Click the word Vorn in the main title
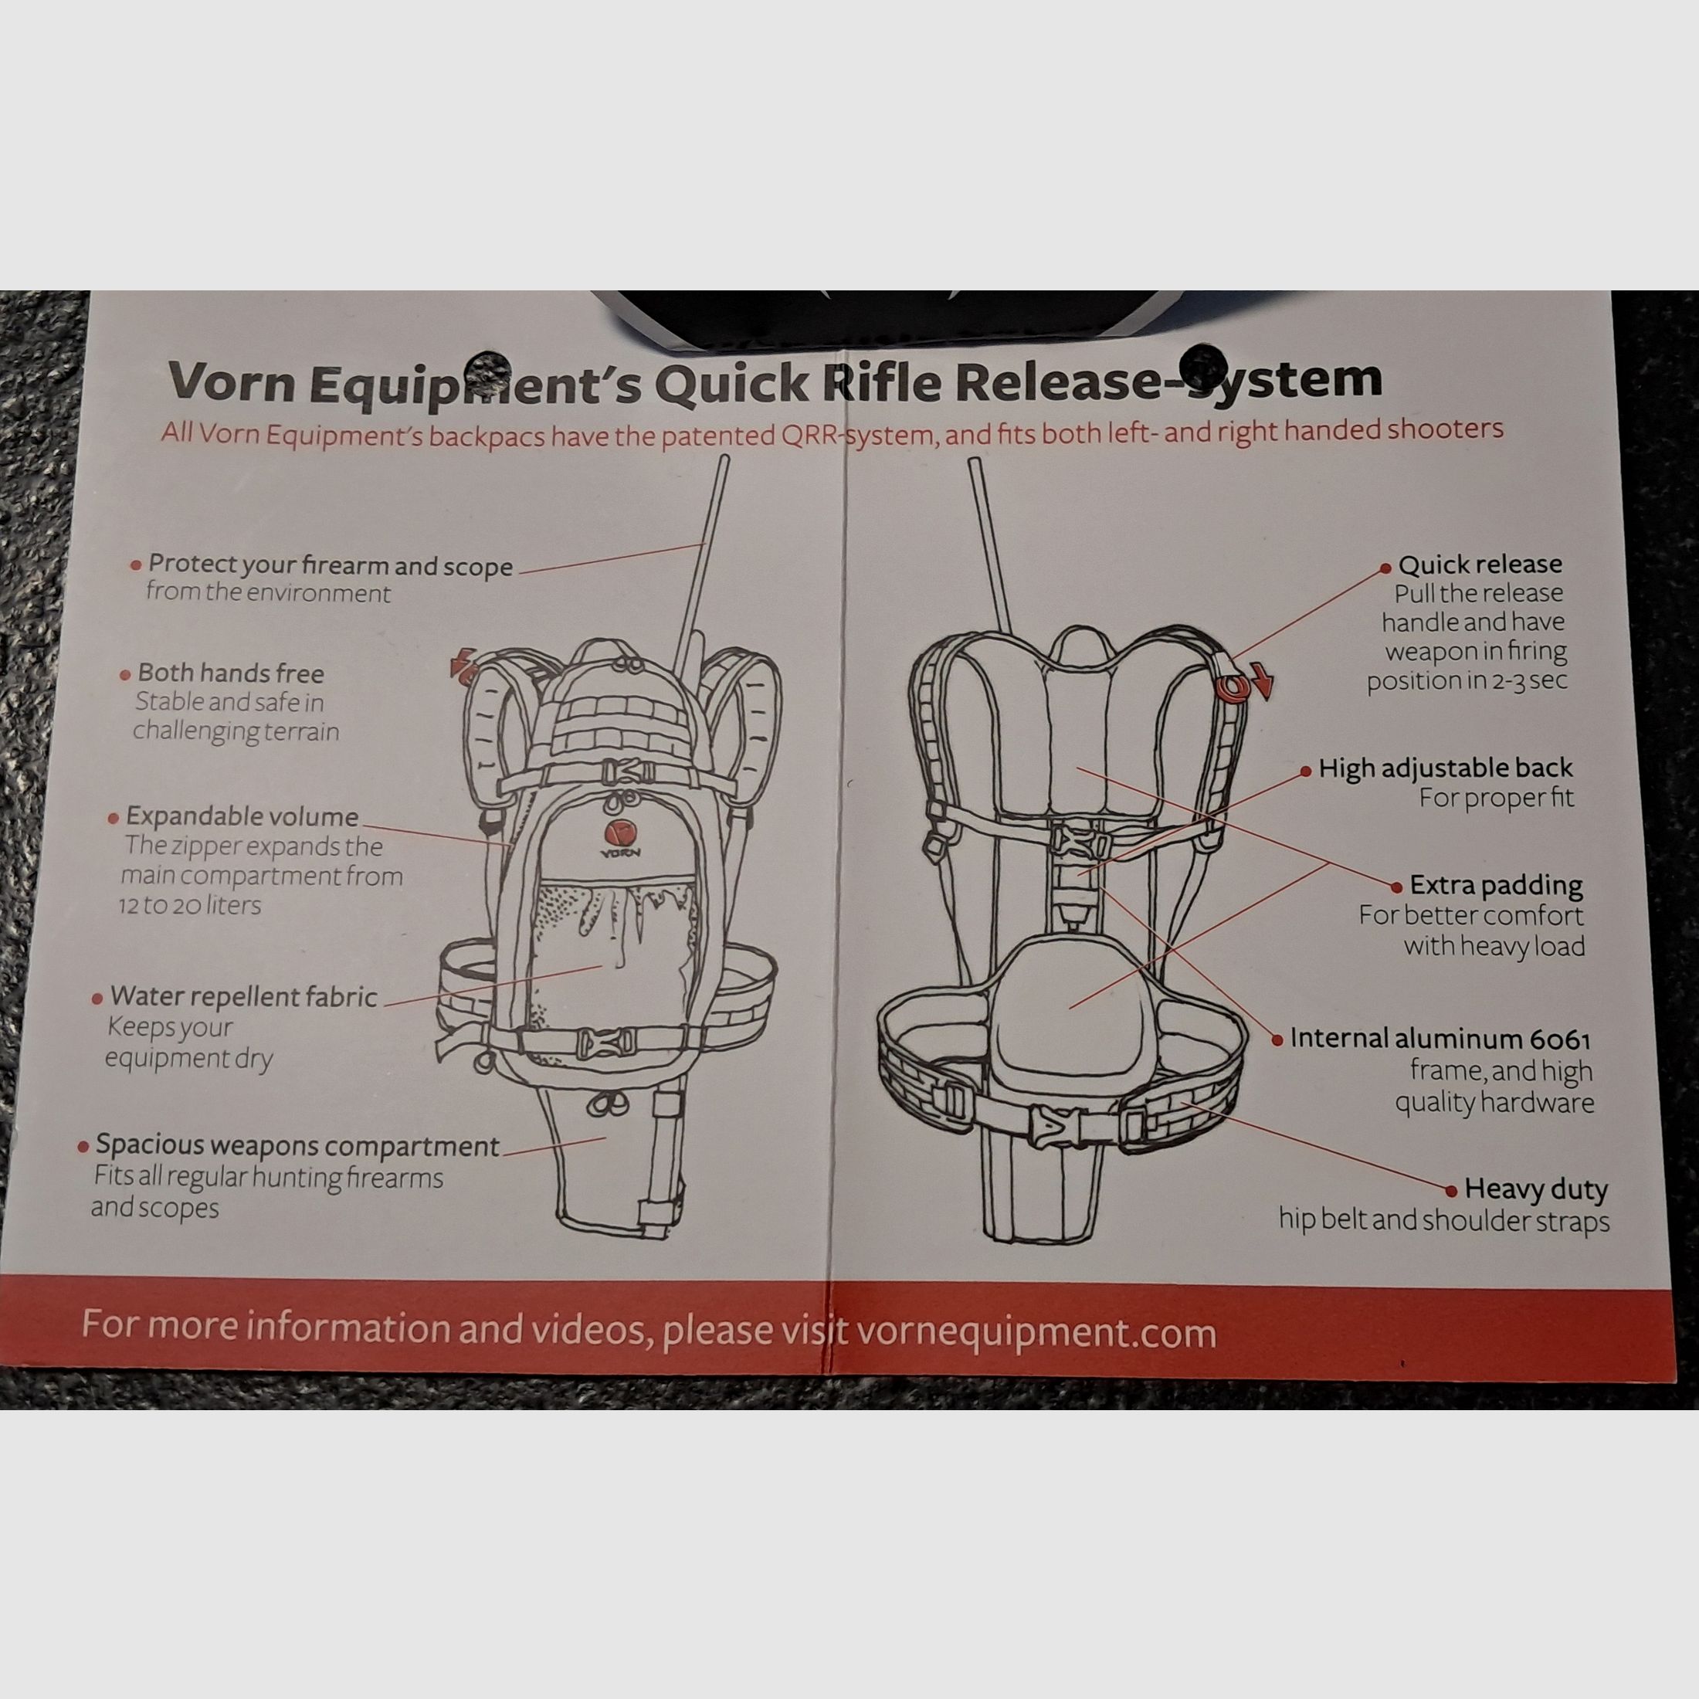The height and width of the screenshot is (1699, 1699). point(231,382)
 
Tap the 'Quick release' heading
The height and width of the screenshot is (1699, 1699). point(1480,564)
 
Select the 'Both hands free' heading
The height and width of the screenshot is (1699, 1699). point(230,673)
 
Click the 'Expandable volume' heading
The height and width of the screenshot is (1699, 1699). point(242,816)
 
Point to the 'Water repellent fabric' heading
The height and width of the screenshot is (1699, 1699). point(243,996)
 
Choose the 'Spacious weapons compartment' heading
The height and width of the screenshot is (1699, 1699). point(297,1145)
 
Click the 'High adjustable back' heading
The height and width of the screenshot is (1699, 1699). point(1445,768)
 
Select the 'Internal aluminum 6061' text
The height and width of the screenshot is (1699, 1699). point(1440,1039)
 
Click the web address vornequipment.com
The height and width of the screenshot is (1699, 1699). point(1036,1332)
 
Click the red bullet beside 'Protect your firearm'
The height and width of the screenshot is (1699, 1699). point(135,565)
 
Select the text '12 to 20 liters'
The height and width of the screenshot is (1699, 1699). point(190,905)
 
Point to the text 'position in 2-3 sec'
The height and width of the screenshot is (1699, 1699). point(1467,680)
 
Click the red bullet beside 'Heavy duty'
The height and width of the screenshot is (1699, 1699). point(1451,1191)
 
